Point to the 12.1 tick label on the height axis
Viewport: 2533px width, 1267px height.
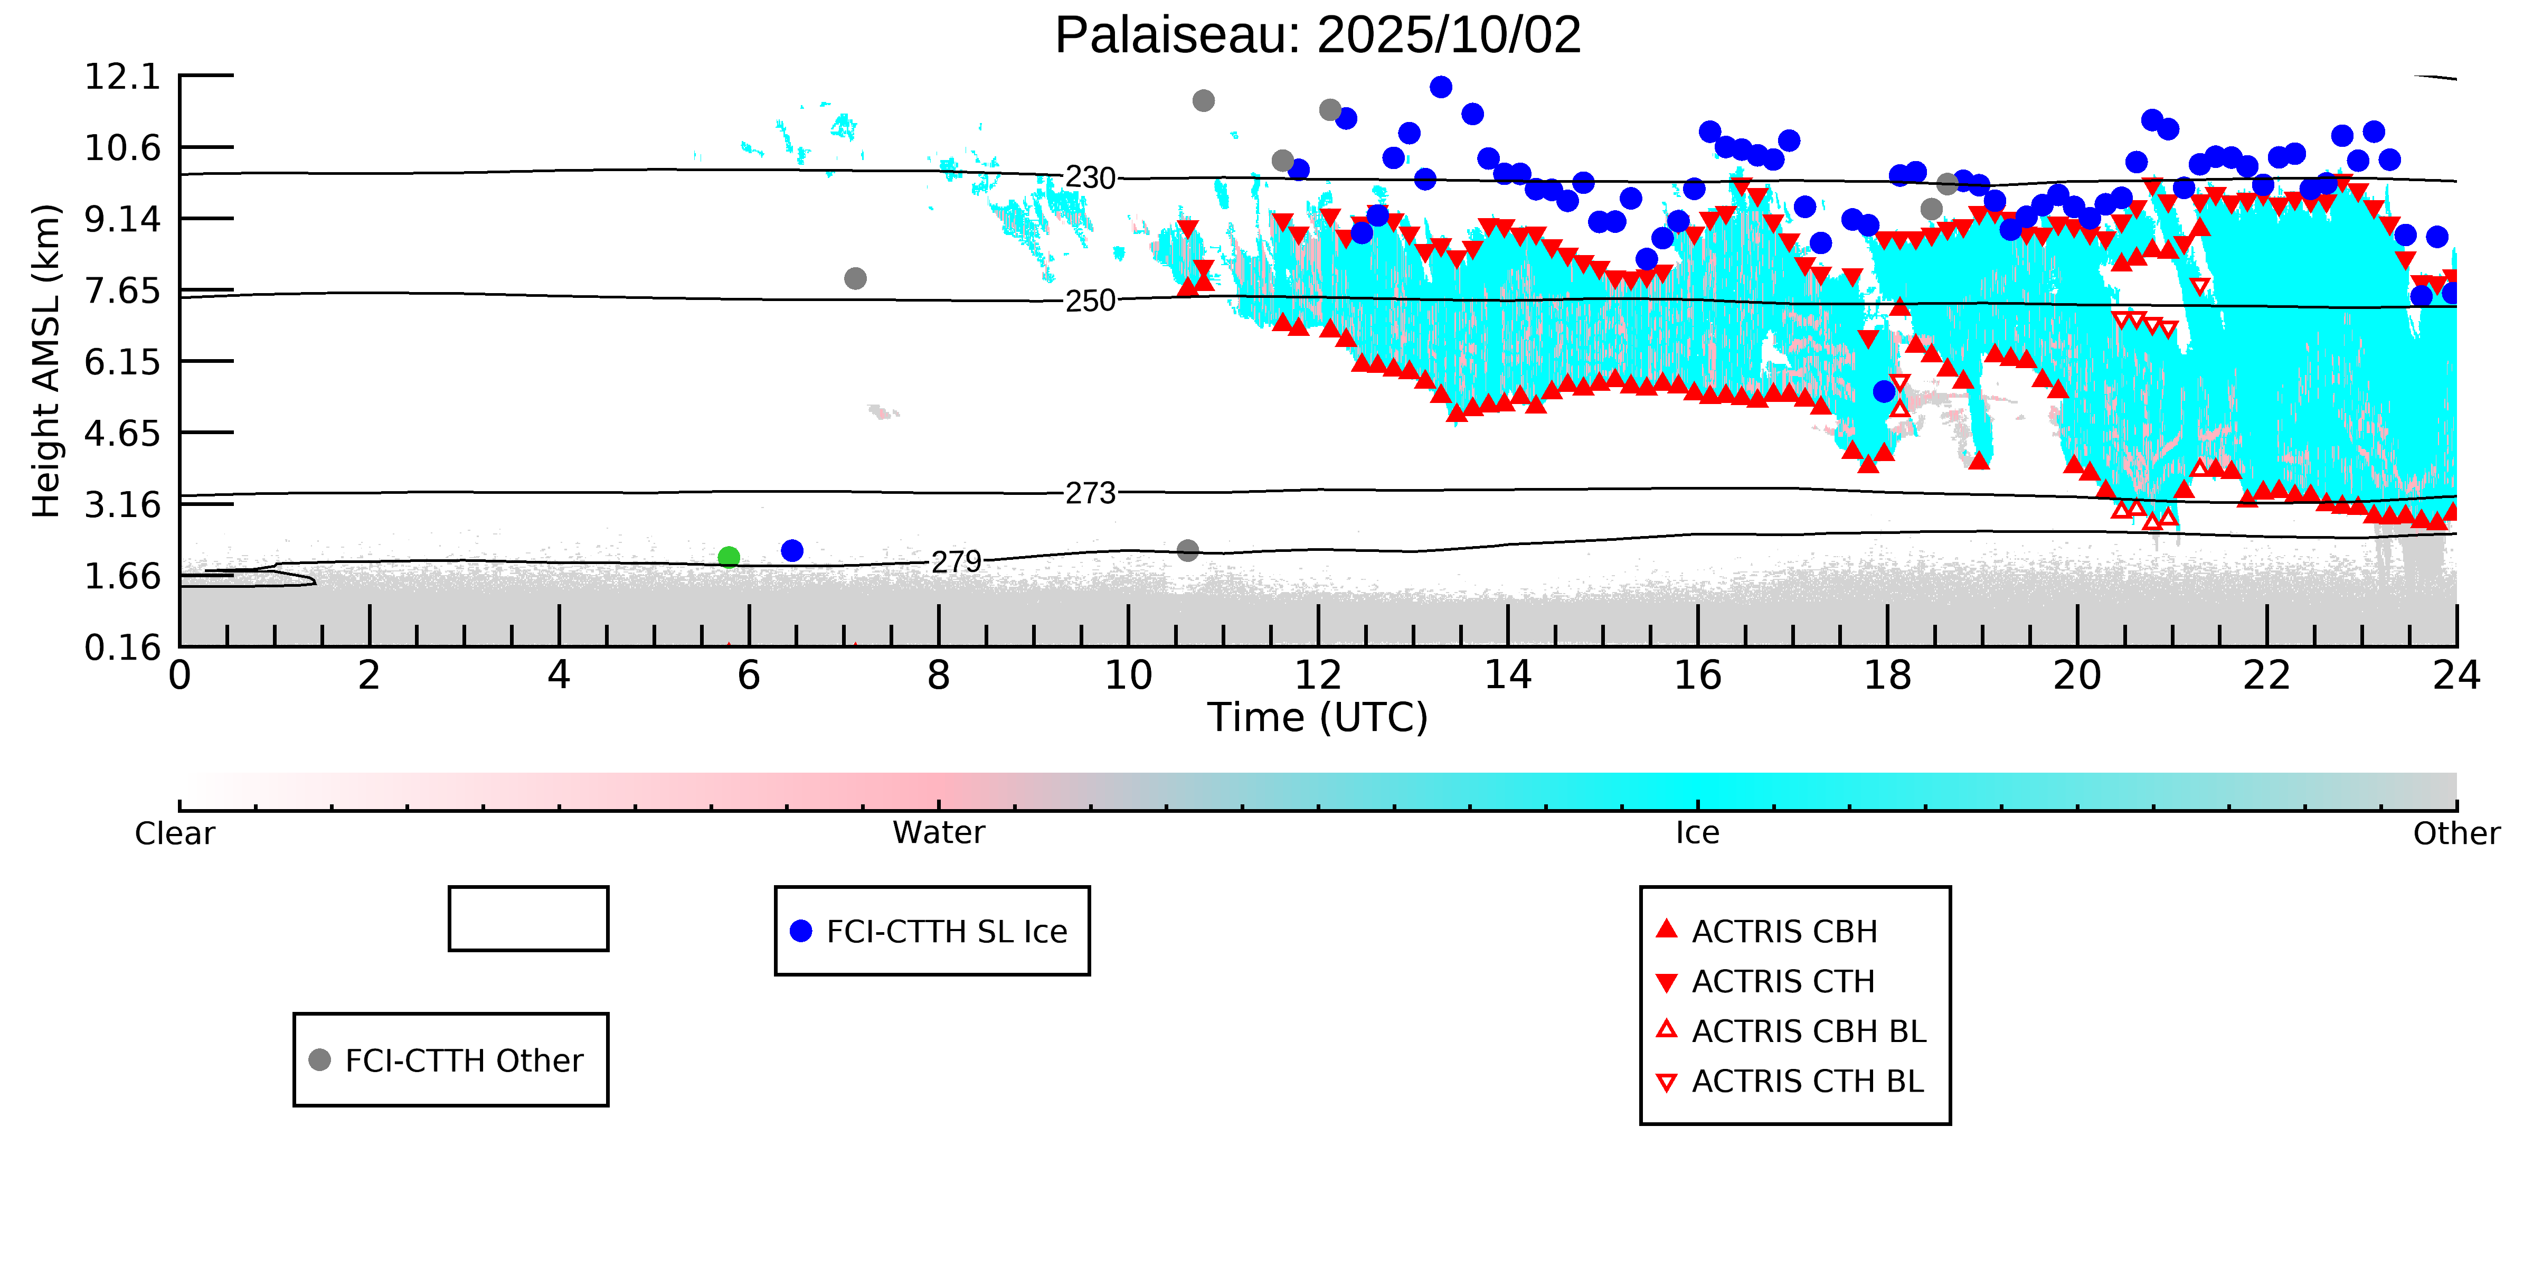pyautogui.click(x=122, y=76)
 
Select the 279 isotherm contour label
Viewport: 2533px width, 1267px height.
pyautogui.click(x=956, y=562)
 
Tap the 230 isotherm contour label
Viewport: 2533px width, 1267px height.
pyautogui.click(x=1091, y=178)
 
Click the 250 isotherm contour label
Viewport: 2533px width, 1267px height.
pyautogui.click(x=1091, y=301)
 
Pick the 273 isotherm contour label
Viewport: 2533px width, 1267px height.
pyautogui.click(x=1091, y=493)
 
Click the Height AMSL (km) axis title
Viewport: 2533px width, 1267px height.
pyautogui.click(x=46, y=361)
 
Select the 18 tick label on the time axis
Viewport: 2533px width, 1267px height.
pyautogui.click(x=1887, y=676)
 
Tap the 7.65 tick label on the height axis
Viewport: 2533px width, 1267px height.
pyautogui.click(x=122, y=291)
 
